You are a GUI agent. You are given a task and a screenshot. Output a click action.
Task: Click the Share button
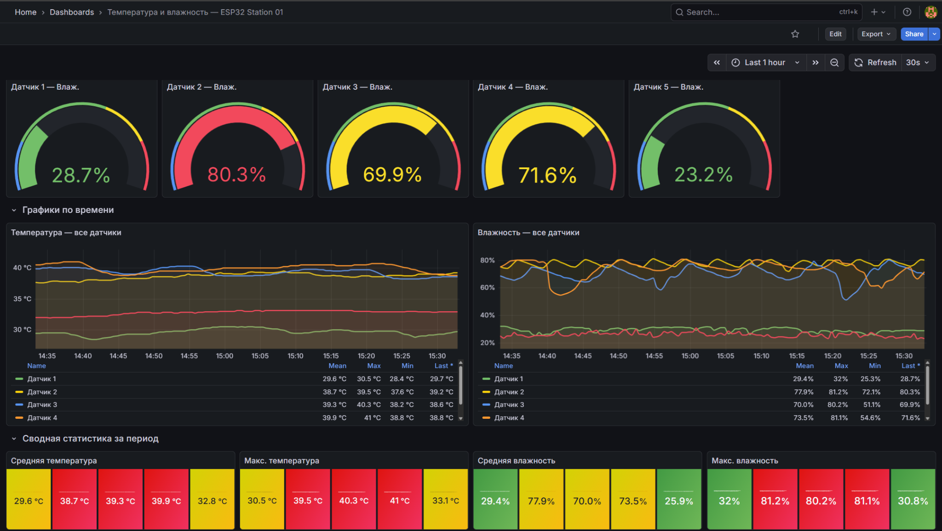tap(914, 34)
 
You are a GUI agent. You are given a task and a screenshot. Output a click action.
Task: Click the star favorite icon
tap(795, 34)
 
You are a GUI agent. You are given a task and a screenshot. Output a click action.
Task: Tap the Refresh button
tap(875, 63)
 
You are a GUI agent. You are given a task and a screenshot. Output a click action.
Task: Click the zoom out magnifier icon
tap(834, 63)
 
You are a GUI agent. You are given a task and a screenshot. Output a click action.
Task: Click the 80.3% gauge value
tap(236, 175)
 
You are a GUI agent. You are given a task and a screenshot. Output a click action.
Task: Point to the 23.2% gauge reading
tap(703, 175)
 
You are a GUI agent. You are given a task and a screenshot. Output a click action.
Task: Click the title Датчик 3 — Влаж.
tap(357, 87)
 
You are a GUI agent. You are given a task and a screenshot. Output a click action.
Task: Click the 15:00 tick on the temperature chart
tap(224, 356)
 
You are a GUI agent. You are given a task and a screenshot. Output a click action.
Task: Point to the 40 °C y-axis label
tap(22, 268)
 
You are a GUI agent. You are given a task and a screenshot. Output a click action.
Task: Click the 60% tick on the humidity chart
tap(488, 287)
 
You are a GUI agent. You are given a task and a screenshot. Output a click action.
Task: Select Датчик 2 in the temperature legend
tap(42, 392)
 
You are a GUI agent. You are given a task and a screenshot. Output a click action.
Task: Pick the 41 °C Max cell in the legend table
tap(372, 417)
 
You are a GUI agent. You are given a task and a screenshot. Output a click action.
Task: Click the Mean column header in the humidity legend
tap(804, 365)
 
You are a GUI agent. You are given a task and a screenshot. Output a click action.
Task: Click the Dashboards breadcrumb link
tap(72, 12)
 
